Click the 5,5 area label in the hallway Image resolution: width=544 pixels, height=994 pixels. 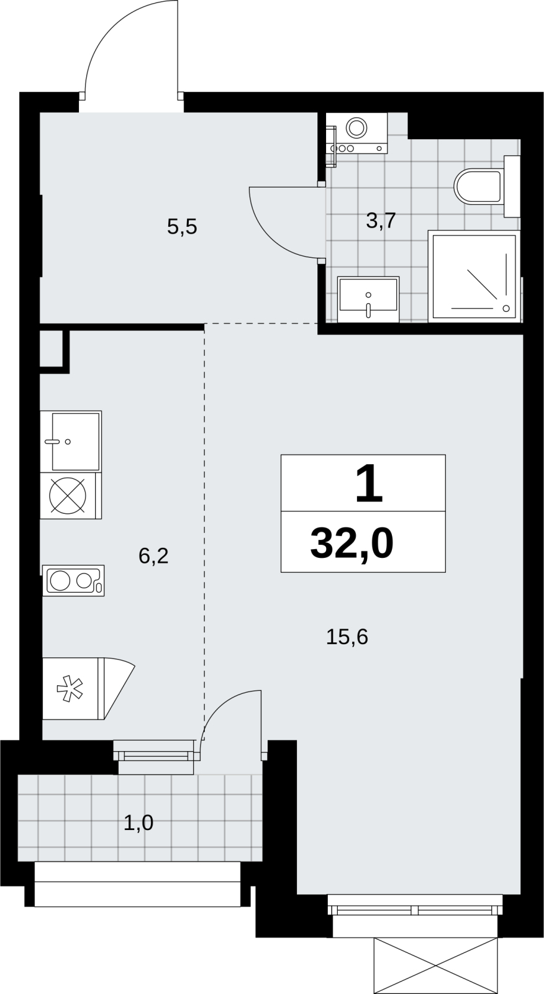pos(182,227)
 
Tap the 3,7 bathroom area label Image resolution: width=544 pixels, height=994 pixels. pos(381,221)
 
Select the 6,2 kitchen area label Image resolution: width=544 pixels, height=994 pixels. pos(153,555)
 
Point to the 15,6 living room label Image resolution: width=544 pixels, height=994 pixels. pos(347,637)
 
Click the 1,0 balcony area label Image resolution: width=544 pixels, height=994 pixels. pos(138,823)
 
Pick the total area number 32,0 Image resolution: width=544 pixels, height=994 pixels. pos(352,544)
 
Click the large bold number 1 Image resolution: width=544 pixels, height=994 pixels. pos(369,483)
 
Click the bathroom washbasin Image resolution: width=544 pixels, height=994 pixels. pos(368,299)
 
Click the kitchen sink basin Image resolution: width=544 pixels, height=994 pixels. pos(75,441)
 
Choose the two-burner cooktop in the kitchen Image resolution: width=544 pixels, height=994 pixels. pos(73,580)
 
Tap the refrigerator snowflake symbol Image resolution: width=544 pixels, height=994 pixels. pos(70,688)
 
